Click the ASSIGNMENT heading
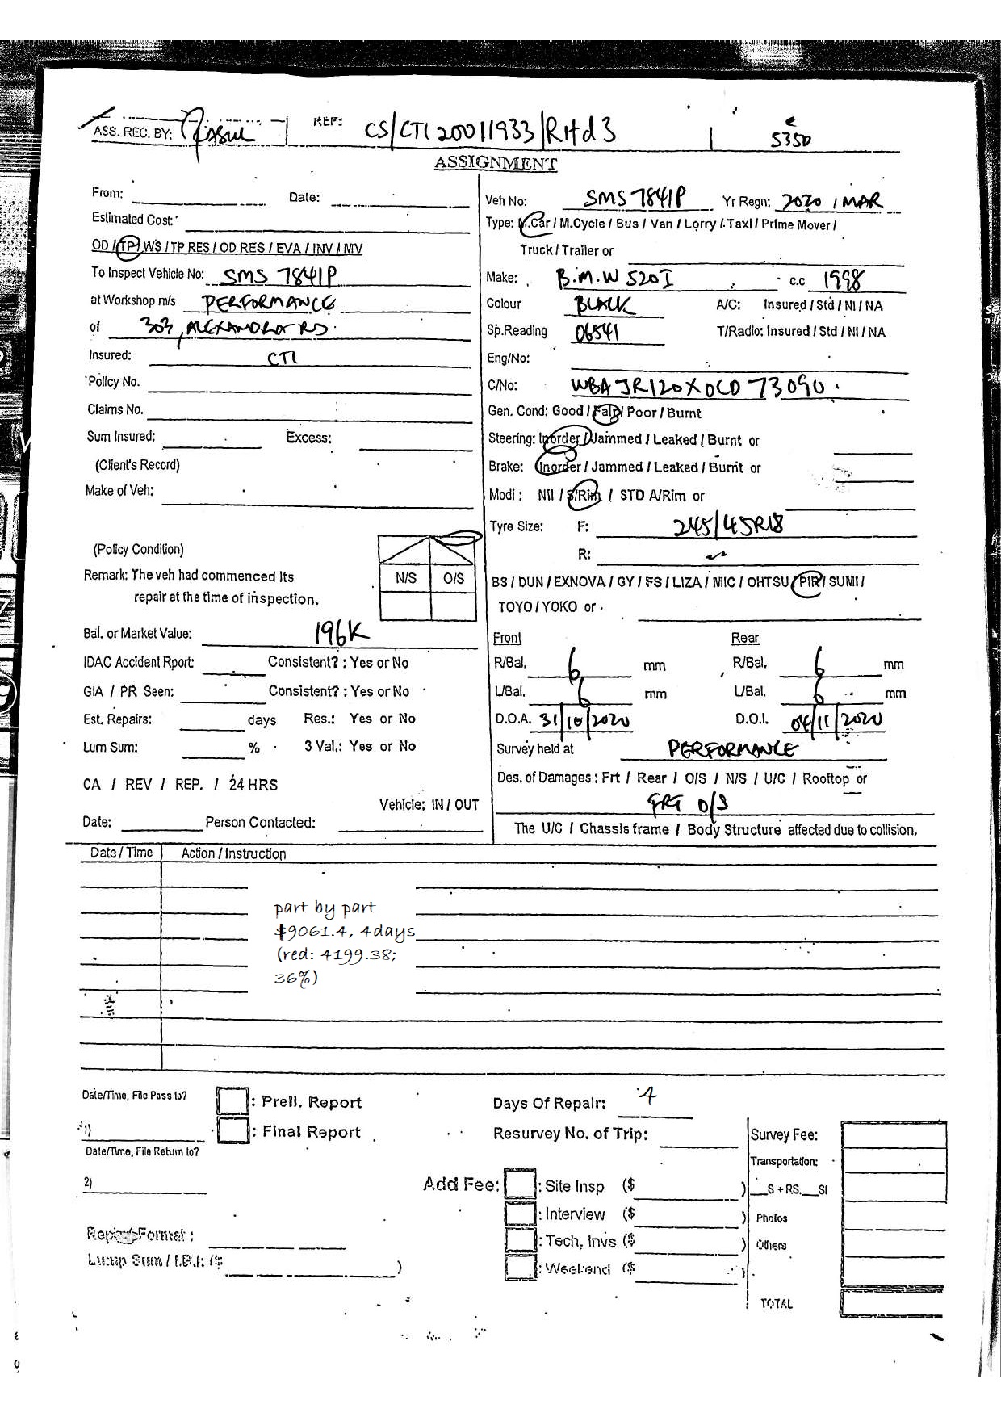(x=495, y=163)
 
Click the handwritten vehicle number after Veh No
(x=635, y=198)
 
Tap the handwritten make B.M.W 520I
(x=615, y=279)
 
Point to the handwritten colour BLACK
(x=604, y=305)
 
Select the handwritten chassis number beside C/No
(x=698, y=387)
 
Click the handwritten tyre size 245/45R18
(x=728, y=526)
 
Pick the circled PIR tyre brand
(x=808, y=582)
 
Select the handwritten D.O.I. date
(x=836, y=719)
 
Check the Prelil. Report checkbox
(x=232, y=1102)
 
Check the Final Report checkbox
(x=232, y=1130)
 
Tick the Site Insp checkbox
(x=520, y=1185)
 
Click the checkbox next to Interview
(x=520, y=1214)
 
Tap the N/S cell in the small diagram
(x=406, y=578)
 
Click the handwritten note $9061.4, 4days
(x=345, y=931)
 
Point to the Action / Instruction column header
(x=233, y=853)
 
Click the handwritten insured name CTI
(x=283, y=357)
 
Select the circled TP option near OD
(x=128, y=247)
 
